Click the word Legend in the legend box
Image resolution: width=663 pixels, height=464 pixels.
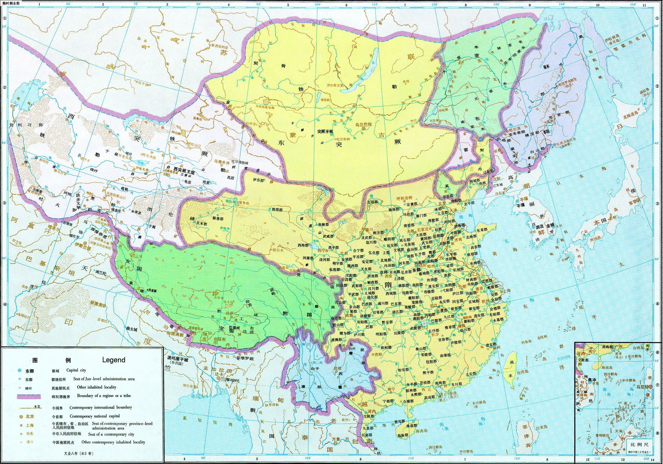pos(114,360)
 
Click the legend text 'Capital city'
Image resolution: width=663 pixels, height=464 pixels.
pos(76,370)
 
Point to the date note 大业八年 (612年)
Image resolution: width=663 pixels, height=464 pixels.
pos(79,453)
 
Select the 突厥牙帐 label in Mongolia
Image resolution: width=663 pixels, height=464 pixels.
pos(325,131)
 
